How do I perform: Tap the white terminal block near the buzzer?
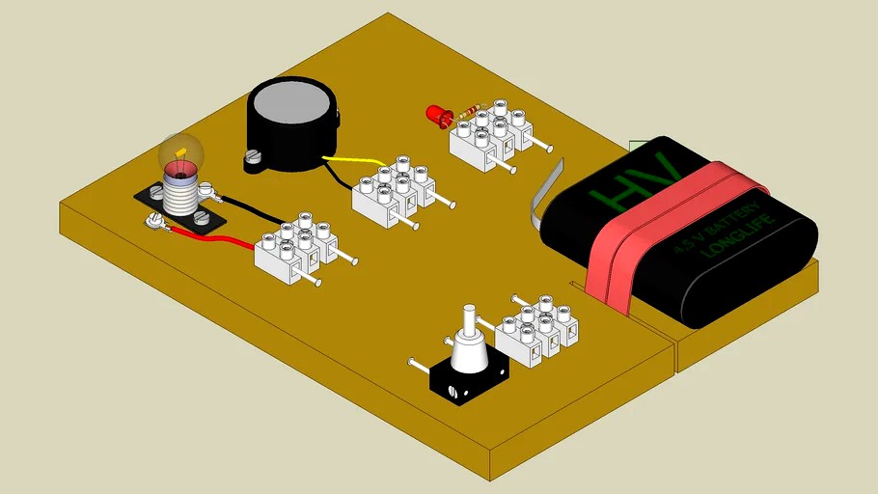(396, 193)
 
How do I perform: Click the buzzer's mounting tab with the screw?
(254, 157)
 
